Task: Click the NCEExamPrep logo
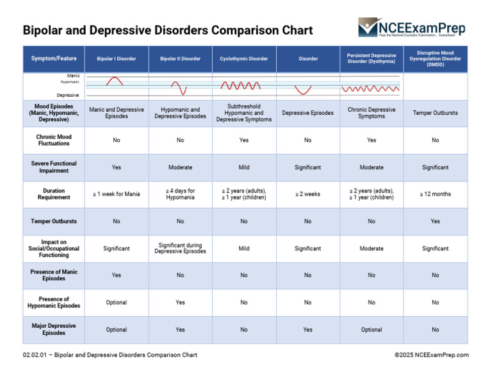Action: pyautogui.click(x=412, y=28)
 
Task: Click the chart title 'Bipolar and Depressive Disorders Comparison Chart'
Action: pyautogui.click(x=168, y=30)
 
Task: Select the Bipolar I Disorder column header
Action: pyautogui.click(x=117, y=59)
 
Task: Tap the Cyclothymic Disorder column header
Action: pyautogui.click(x=244, y=59)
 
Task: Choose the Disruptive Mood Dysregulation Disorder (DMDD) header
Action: pyautogui.click(x=435, y=58)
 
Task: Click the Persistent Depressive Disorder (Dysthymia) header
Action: pyautogui.click(x=372, y=58)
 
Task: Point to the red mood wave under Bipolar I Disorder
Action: pyautogui.click(x=115, y=81)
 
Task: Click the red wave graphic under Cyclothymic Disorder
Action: pyautogui.click(x=240, y=85)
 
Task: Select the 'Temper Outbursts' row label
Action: pyautogui.click(x=54, y=221)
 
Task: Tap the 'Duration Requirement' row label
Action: pyautogui.click(x=54, y=194)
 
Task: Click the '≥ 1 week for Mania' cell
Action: pyautogui.click(x=117, y=194)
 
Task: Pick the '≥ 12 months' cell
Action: pyautogui.click(x=435, y=194)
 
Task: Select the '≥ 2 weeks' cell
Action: pyautogui.click(x=308, y=194)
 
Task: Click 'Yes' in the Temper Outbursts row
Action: pyautogui.click(x=435, y=221)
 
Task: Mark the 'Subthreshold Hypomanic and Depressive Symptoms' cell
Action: pyautogui.click(x=244, y=113)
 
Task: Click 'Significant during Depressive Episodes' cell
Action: pyautogui.click(x=180, y=248)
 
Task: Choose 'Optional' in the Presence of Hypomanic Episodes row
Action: pyautogui.click(x=117, y=303)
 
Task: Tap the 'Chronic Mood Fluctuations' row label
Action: pyautogui.click(x=54, y=140)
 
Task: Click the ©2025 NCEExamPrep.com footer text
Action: pyautogui.click(x=431, y=355)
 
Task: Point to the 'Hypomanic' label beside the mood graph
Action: pyautogui.click(x=70, y=82)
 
